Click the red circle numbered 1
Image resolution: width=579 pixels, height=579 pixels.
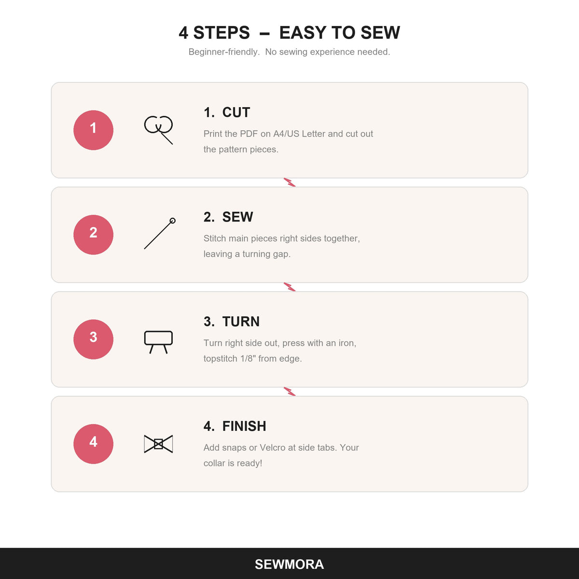click(x=93, y=130)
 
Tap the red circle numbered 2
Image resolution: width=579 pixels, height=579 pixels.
click(x=93, y=234)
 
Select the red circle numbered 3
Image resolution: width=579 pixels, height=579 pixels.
click(x=93, y=339)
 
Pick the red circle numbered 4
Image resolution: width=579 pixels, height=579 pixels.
click(x=93, y=444)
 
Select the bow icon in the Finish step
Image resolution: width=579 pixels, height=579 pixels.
click(x=158, y=444)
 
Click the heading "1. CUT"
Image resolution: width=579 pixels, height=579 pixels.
click(x=227, y=112)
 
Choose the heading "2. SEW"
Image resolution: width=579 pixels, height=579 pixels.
click(x=228, y=217)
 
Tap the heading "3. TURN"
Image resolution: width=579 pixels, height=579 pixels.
click(x=232, y=321)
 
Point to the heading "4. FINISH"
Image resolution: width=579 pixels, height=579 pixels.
click(x=234, y=426)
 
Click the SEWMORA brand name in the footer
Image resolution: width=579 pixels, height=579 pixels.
click(x=289, y=564)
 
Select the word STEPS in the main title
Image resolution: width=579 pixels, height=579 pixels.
click(x=221, y=32)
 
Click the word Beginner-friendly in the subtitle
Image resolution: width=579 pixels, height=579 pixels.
click(x=224, y=52)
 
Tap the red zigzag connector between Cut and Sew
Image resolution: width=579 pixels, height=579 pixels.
click(x=289, y=182)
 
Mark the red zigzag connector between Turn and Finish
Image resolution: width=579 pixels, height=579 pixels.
click(x=289, y=391)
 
